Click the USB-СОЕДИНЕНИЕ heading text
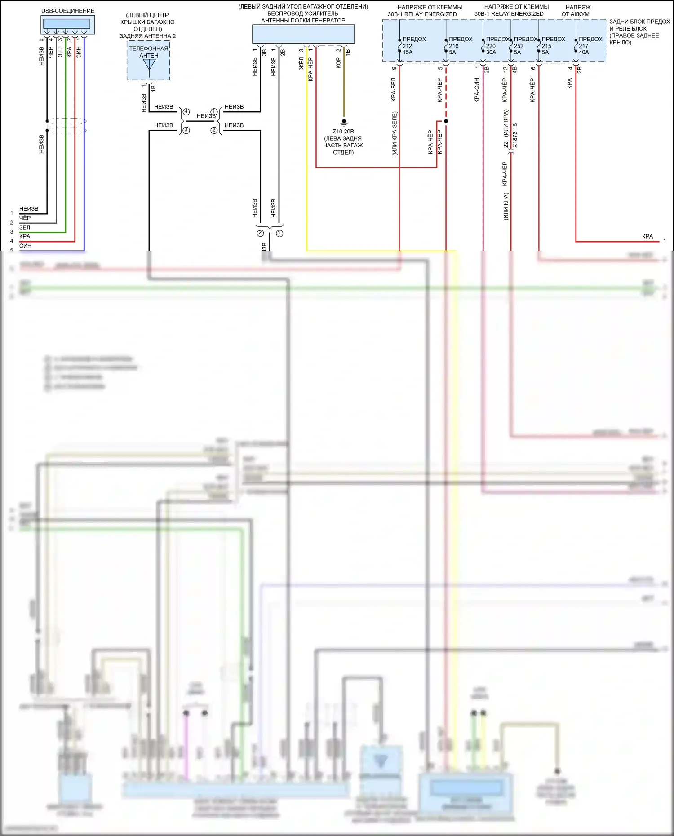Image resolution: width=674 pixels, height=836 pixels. coord(68,11)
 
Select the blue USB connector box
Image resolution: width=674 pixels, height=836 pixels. coord(68,24)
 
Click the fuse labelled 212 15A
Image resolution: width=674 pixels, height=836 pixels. coord(399,46)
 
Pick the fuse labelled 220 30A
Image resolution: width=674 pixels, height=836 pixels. coord(483,46)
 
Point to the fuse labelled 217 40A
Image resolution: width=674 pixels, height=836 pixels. coord(576,46)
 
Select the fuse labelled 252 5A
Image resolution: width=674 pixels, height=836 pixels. coord(511,46)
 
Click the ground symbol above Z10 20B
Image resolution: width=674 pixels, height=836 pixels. coord(344,122)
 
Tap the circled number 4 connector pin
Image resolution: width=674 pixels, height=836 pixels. coord(186,112)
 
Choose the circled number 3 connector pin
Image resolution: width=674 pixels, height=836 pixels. coord(186,130)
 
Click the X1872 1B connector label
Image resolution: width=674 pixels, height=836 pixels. coord(515,135)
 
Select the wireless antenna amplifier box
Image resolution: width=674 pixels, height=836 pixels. coord(303,34)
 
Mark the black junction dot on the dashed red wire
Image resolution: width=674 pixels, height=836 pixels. coord(446,121)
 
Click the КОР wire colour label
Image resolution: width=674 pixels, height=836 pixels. coord(338,62)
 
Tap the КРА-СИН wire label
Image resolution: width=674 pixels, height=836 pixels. coord(477,90)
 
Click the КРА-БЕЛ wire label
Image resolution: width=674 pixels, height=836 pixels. coord(394,89)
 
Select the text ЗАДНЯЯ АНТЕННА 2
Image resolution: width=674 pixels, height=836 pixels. coord(148,36)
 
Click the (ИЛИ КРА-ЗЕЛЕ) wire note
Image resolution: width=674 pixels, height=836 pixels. coord(395,133)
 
